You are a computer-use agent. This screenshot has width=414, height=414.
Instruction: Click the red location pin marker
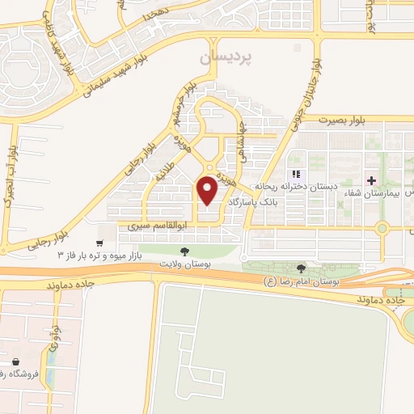point(208,190)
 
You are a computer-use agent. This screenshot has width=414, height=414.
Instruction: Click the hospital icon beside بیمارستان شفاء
point(371,180)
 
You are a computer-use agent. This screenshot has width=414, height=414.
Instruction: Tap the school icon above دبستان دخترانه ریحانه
point(297,174)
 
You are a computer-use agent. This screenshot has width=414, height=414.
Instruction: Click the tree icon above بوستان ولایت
point(185,251)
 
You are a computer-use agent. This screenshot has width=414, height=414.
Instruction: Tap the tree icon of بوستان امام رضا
point(302,268)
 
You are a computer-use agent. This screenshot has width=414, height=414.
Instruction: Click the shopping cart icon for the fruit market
point(99,243)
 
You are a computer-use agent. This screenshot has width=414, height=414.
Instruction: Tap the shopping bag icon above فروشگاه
point(16,361)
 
